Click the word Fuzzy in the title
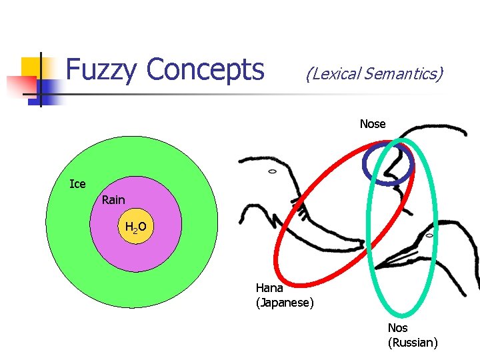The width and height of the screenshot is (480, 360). [x=102, y=69]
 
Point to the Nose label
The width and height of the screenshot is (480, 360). [x=373, y=124]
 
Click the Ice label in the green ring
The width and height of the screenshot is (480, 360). [x=77, y=184]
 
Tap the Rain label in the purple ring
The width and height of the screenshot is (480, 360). [x=113, y=200]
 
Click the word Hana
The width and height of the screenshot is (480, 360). [x=269, y=288]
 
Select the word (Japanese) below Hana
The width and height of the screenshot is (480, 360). [x=285, y=303]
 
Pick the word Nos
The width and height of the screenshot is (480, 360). [x=398, y=328]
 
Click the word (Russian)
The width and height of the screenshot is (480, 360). [x=413, y=343]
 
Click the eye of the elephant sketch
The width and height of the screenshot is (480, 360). [x=272, y=171]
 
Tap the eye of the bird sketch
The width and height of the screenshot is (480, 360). [x=430, y=235]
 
